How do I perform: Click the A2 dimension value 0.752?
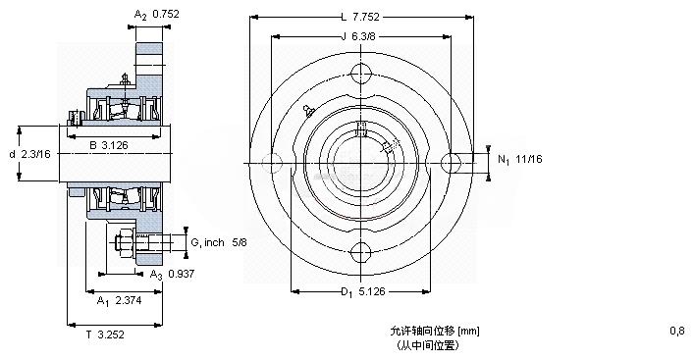click(x=166, y=14)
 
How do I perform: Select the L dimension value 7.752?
click(x=366, y=18)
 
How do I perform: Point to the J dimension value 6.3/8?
click(x=363, y=36)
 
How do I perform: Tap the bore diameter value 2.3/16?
click(x=36, y=154)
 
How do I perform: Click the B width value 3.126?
click(x=115, y=144)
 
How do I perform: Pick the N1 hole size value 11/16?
click(x=529, y=159)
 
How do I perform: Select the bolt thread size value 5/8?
click(x=239, y=243)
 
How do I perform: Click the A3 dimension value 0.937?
click(x=182, y=274)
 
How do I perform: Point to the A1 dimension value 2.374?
click(x=129, y=301)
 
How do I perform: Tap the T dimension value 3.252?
click(x=111, y=334)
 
